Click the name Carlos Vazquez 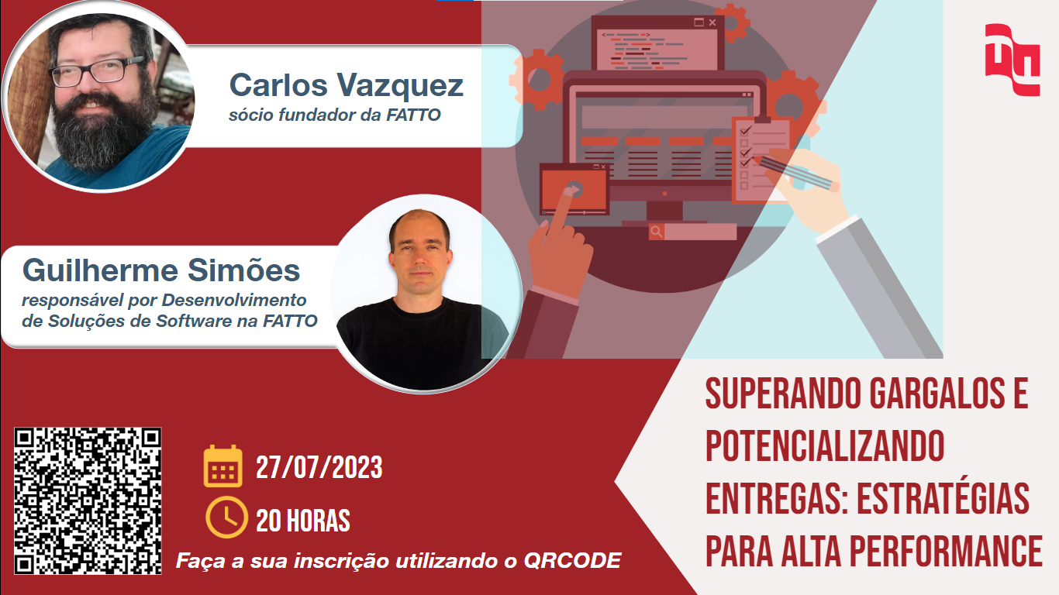pyautogui.click(x=346, y=85)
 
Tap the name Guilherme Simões pyautogui.click(x=161, y=270)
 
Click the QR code pyautogui.click(x=88, y=501)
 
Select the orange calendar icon pyautogui.click(x=222, y=466)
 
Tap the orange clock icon pyautogui.click(x=226, y=517)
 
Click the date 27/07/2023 pyautogui.click(x=319, y=468)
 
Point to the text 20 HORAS pyautogui.click(x=302, y=521)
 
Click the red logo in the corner pyautogui.click(x=1012, y=60)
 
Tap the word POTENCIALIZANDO pyautogui.click(x=825, y=445)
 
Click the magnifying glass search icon pyautogui.click(x=656, y=232)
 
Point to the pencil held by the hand pyautogui.click(x=795, y=174)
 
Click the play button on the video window pyautogui.click(x=574, y=190)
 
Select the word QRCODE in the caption pyautogui.click(x=572, y=561)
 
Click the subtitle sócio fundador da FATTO pyautogui.click(x=335, y=115)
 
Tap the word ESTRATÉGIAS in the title pyautogui.click(x=943, y=498)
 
